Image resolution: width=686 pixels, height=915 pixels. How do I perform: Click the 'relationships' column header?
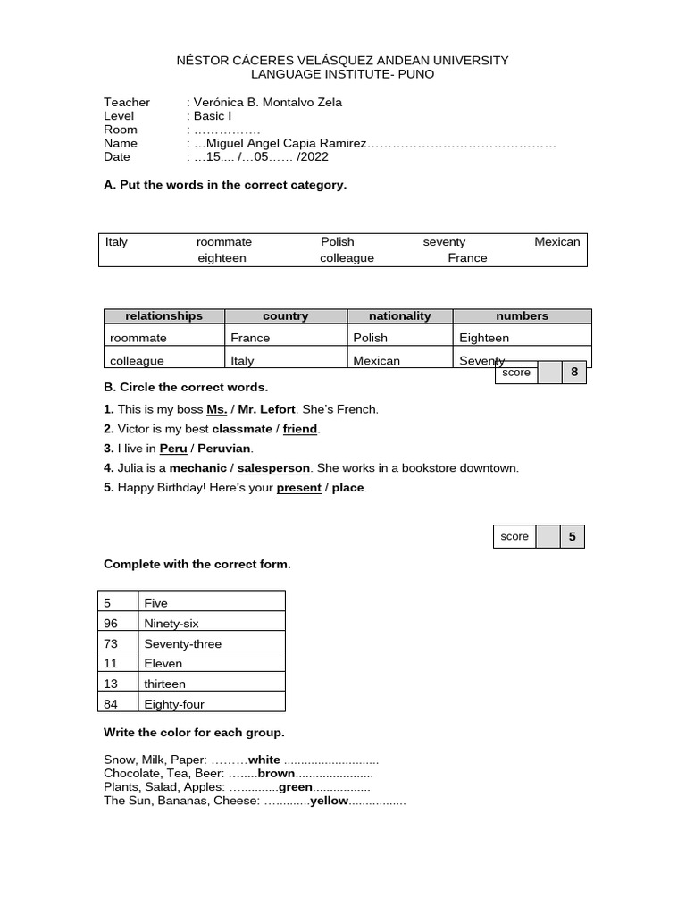pos(163,315)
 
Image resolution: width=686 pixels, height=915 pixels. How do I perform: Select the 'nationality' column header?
pos(399,315)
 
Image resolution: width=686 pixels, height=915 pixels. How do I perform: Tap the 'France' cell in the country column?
pos(250,338)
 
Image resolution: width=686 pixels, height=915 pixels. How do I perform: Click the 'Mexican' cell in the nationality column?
pos(376,361)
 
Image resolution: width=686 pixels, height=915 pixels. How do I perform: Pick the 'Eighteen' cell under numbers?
pos(484,338)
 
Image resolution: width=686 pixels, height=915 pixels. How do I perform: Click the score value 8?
pos(573,373)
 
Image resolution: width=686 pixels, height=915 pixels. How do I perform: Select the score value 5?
pos(573,536)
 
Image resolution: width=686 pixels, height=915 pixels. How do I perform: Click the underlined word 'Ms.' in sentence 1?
pos(217,409)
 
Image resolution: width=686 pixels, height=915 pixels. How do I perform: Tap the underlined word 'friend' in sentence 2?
pos(300,429)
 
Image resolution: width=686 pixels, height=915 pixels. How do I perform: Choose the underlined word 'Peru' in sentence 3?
pos(173,449)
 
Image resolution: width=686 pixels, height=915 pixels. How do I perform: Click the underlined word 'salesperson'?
pos(273,468)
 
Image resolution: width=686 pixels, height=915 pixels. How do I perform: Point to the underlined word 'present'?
pos(298,488)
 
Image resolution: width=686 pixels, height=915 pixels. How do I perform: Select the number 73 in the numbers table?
pos(111,643)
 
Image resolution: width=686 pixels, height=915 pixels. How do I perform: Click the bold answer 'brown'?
pos(276,774)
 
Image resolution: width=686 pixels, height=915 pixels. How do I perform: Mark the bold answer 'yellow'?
pos(328,802)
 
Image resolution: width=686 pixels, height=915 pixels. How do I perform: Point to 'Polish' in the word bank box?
pos(338,241)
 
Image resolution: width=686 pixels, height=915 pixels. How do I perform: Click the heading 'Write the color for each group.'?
pos(194,733)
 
